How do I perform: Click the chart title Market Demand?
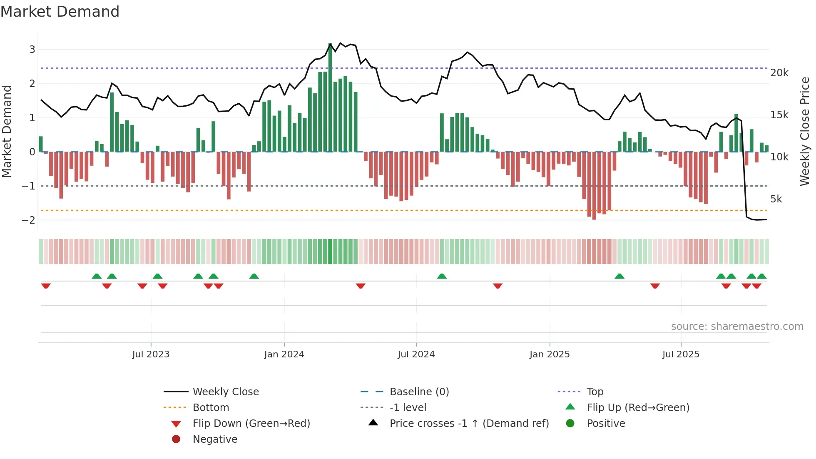60,12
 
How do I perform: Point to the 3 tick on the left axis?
32,50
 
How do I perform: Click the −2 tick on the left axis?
29,220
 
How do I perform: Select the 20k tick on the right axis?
779,73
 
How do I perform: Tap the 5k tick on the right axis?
776,199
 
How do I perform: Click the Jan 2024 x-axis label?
284,354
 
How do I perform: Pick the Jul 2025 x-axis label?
681,354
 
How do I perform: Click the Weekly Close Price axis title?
805,131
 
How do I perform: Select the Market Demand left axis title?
7,131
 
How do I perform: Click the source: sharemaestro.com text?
737,327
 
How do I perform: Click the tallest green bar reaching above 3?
330,97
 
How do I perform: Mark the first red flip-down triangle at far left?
46,286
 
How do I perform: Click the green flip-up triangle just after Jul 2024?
442,276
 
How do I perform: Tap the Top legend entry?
595,392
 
